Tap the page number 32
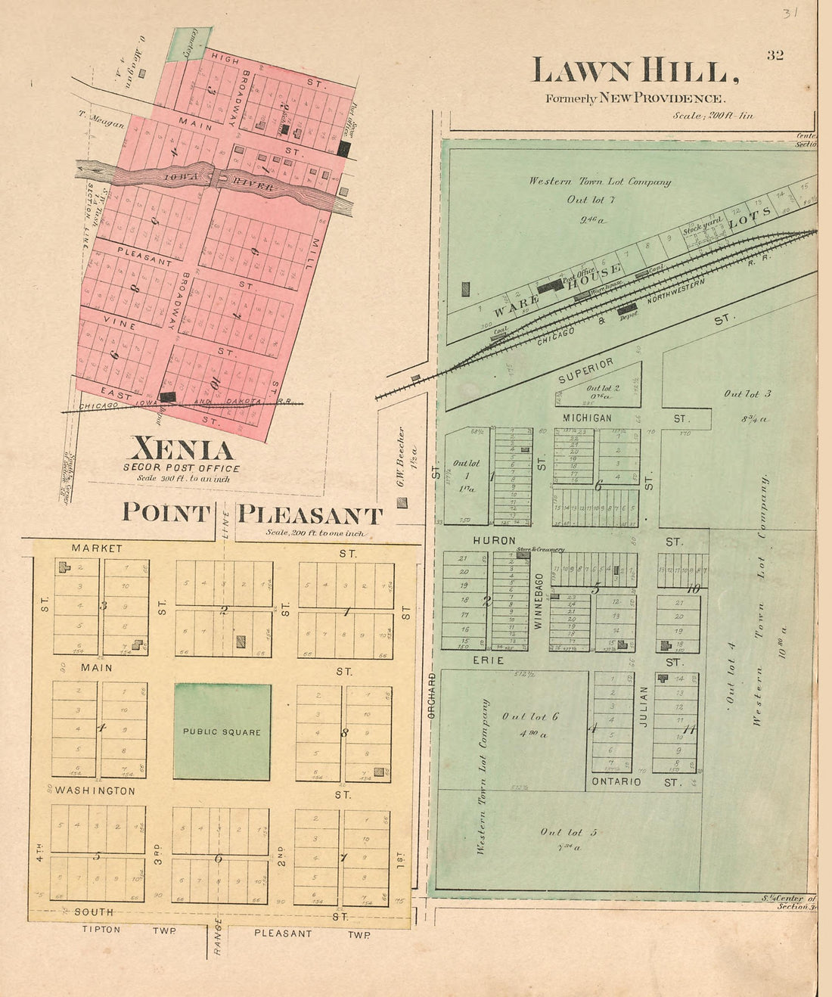[775, 55]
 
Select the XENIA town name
[182, 449]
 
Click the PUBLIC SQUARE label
[222, 732]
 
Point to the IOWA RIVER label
[212, 179]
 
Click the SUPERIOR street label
[585, 370]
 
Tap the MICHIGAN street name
[587, 418]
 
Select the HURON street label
[494, 542]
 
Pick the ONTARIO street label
[616, 781]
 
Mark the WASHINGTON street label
[95, 790]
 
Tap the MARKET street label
[96, 548]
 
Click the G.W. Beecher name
[401, 458]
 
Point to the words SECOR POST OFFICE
[182, 468]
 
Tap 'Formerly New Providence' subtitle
[635, 98]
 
